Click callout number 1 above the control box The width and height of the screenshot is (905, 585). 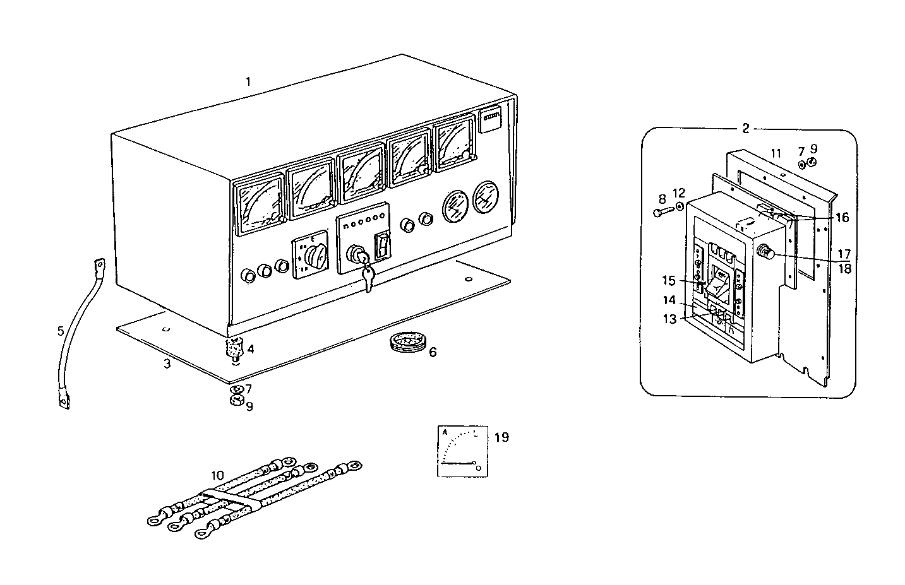(x=248, y=81)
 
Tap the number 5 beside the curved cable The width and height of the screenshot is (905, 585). (x=60, y=330)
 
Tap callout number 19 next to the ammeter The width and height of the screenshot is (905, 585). (x=501, y=437)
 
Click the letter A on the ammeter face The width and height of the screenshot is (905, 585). (x=445, y=432)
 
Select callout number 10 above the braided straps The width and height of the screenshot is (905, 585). (x=217, y=475)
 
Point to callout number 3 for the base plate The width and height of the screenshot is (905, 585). (x=167, y=365)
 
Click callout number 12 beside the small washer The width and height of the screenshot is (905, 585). (x=679, y=192)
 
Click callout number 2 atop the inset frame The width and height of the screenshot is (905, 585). (x=745, y=129)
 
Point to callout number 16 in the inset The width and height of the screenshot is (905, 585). (x=842, y=218)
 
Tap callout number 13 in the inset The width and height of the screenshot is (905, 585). (x=669, y=319)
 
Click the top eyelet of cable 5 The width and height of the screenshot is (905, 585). (x=99, y=264)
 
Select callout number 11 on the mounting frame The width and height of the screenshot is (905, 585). (x=776, y=153)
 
